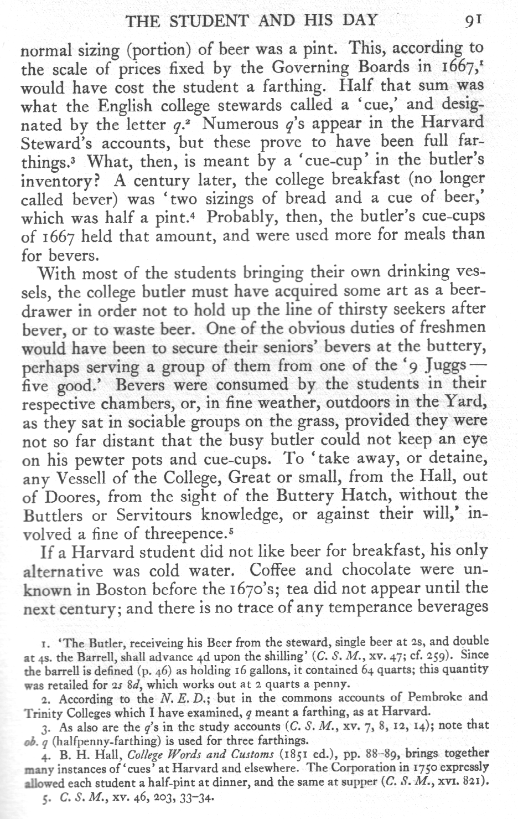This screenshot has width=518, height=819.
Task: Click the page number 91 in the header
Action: pyautogui.click(x=475, y=21)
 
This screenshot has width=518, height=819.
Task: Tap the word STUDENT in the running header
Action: pyautogui.click(x=211, y=21)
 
